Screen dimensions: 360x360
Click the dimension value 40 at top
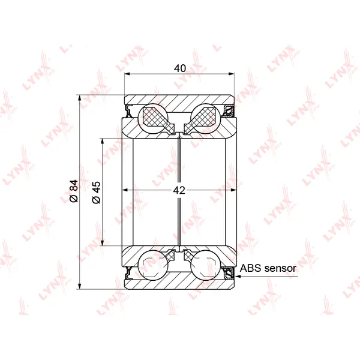tap(180, 68)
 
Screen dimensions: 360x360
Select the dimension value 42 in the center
tap(179, 190)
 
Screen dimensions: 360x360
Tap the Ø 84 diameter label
tap(74, 191)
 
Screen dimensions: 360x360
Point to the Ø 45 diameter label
tap(97, 193)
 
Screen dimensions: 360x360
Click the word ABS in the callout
tap(250, 268)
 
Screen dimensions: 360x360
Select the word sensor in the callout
tap(280, 268)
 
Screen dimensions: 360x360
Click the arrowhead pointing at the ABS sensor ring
tap(238, 276)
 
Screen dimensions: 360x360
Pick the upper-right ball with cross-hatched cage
tap(205, 118)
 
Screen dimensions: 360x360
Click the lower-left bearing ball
tap(153, 265)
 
